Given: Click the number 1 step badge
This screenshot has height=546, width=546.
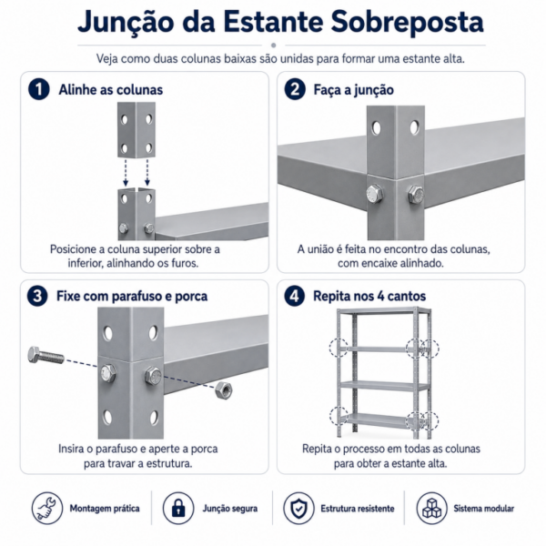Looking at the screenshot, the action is tap(38, 89).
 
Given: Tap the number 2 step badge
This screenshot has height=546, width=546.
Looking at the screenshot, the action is tap(295, 89).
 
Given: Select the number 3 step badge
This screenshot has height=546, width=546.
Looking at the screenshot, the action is tap(37, 296).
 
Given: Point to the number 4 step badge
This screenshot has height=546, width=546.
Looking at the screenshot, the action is tap(295, 296).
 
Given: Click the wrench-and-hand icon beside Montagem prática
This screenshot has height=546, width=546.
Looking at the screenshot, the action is tap(47, 508).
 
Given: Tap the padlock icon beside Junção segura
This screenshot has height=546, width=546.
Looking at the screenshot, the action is tap(178, 508).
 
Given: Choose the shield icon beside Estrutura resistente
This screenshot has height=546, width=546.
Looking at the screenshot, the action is tap(298, 508).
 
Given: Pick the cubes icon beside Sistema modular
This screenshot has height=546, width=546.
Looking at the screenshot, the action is tap(431, 508).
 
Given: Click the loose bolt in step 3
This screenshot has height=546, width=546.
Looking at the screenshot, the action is tap(46, 355).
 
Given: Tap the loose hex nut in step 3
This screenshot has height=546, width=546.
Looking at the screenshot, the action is tap(224, 390).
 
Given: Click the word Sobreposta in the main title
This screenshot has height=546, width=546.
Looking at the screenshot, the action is tap(407, 22).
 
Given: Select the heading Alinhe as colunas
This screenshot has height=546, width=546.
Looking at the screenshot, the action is tap(111, 90).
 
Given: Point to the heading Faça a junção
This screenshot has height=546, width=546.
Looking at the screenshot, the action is tap(353, 90).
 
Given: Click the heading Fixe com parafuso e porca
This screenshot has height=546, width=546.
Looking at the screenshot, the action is tap(132, 297).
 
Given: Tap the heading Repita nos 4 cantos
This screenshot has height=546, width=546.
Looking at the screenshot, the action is tap(369, 297).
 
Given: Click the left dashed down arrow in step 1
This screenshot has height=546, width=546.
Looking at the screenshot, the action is tap(126, 173).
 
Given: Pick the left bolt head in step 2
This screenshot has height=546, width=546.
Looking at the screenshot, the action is tap(375, 194).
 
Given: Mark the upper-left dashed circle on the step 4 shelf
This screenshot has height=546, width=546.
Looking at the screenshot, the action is tap(339, 348).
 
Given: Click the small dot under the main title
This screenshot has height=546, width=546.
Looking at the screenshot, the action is tap(273, 45).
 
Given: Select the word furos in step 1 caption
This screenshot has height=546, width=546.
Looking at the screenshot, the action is tap(185, 263).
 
